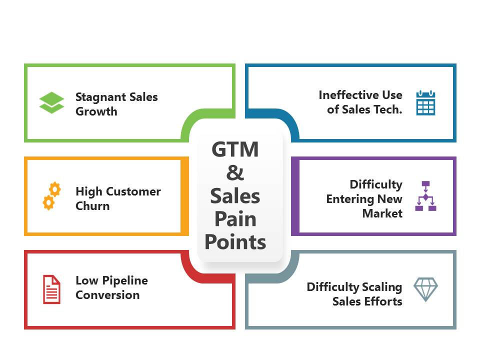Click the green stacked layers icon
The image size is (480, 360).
[x=51, y=103]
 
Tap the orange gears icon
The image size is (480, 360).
[x=51, y=196]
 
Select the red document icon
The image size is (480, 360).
[x=51, y=289]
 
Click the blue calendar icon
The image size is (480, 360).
[x=425, y=102]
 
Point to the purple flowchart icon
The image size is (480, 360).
[x=425, y=196]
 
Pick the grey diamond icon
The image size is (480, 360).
[x=425, y=289]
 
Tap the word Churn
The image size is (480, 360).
[x=92, y=206]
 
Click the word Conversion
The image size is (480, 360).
[x=107, y=295]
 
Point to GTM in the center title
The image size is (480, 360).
[x=235, y=150]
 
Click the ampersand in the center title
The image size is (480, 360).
[x=235, y=173]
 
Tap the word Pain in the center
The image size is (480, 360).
[x=235, y=219]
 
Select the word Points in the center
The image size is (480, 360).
[x=235, y=242]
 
